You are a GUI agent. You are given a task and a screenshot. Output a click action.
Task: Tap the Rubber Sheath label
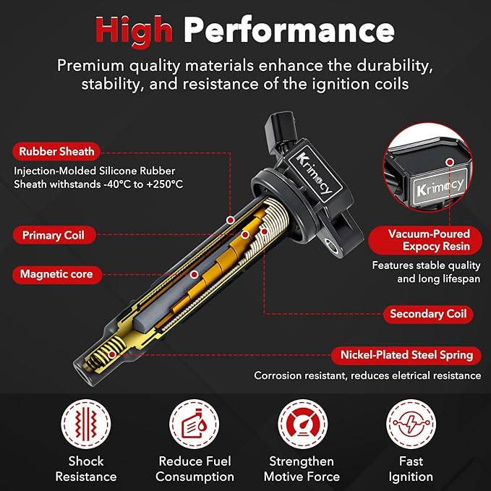[56, 152]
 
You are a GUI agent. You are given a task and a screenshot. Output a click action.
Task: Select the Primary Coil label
[54, 235]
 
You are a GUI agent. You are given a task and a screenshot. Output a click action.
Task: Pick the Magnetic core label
[57, 274]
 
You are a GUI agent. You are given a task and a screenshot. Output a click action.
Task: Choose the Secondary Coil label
[428, 314]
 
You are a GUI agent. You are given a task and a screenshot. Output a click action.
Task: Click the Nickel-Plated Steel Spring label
[406, 355]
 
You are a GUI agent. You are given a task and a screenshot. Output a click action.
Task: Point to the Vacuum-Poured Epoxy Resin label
[425, 240]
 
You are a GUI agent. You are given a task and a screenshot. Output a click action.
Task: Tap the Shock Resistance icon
[86, 424]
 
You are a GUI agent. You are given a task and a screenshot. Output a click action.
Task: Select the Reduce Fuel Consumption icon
[194, 424]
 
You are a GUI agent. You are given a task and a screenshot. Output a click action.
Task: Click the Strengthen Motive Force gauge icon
[302, 424]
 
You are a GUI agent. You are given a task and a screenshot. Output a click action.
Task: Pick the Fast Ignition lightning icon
[411, 424]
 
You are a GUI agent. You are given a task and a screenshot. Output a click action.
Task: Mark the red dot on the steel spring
[112, 355]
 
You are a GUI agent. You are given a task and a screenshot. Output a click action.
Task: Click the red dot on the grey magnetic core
[194, 275]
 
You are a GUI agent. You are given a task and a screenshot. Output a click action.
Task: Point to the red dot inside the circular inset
[450, 162]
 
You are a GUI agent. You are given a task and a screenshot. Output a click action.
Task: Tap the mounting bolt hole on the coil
[332, 245]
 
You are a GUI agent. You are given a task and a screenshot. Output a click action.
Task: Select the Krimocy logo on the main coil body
[314, 173]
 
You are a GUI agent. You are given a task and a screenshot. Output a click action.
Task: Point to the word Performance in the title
[289, 31]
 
